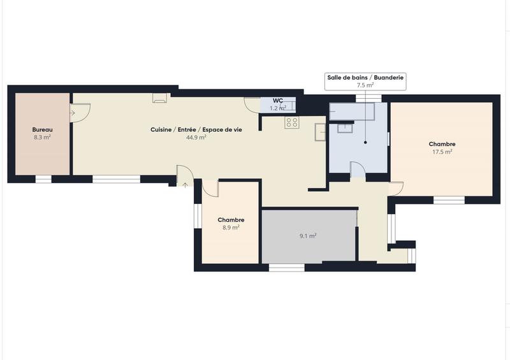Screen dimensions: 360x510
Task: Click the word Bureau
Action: coord(42,129)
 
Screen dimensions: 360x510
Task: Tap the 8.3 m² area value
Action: coord(42,137)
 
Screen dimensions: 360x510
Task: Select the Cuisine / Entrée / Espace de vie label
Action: coord(196,129)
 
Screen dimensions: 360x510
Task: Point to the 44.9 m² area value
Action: coord(196,137)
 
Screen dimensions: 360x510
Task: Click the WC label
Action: coord(278,101)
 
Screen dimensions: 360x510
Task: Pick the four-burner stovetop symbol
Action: coord(292,122)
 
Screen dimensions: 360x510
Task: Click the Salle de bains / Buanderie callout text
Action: coord(365,77)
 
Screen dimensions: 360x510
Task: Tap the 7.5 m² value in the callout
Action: coord(365,85)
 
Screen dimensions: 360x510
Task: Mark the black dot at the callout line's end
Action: coord(365,142)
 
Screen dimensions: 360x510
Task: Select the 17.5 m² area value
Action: coord(442,152)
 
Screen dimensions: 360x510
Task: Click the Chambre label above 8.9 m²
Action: coord(231,220)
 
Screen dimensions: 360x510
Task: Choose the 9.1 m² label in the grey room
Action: coord(309,236)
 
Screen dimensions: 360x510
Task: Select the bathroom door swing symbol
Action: coord(357,169)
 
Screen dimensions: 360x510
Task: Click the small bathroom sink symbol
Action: coord(347,127)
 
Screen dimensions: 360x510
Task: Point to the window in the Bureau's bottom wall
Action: coord(43,179)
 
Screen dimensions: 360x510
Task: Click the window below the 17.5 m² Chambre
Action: coord(449,200)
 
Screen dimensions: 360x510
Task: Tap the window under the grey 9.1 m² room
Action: coord(287,267)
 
